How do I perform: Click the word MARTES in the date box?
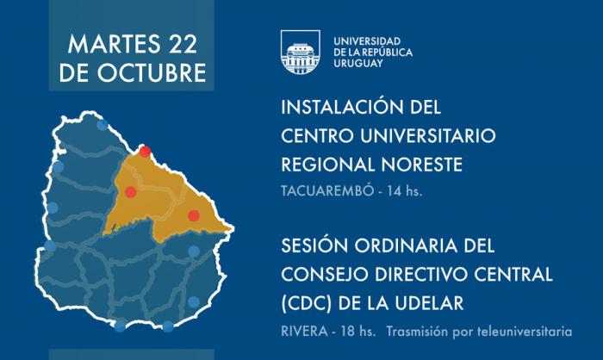pyautogui.click(x=114, y=44)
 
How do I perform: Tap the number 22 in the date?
pyautogui.click(x=183, y=44)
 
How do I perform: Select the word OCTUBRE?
pyautogui.click(x=151, y=72)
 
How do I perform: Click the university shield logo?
pyautogui.click(x=301, y=52)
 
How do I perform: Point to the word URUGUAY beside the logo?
pyautogui.click(x=358, y=64)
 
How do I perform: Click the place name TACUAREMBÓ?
pyautogui.click(x=327, y=191)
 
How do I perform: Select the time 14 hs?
pyautogui.click(x=405, y=191)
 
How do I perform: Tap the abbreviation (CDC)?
pyautogui.click(x=307, y=303)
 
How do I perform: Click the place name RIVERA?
pyautogui.click(x=305, y=332)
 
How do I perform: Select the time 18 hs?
pyautogui.click(x=358, y=332)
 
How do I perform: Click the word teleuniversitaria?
pyautogui.click(x=525, y=332)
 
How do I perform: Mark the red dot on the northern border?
pyautogui.click(x=145, y=152)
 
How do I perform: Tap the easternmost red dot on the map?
pyautogui.click(x=194, y=216)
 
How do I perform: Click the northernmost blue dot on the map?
pyautogui.click(x=103, y=125)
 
